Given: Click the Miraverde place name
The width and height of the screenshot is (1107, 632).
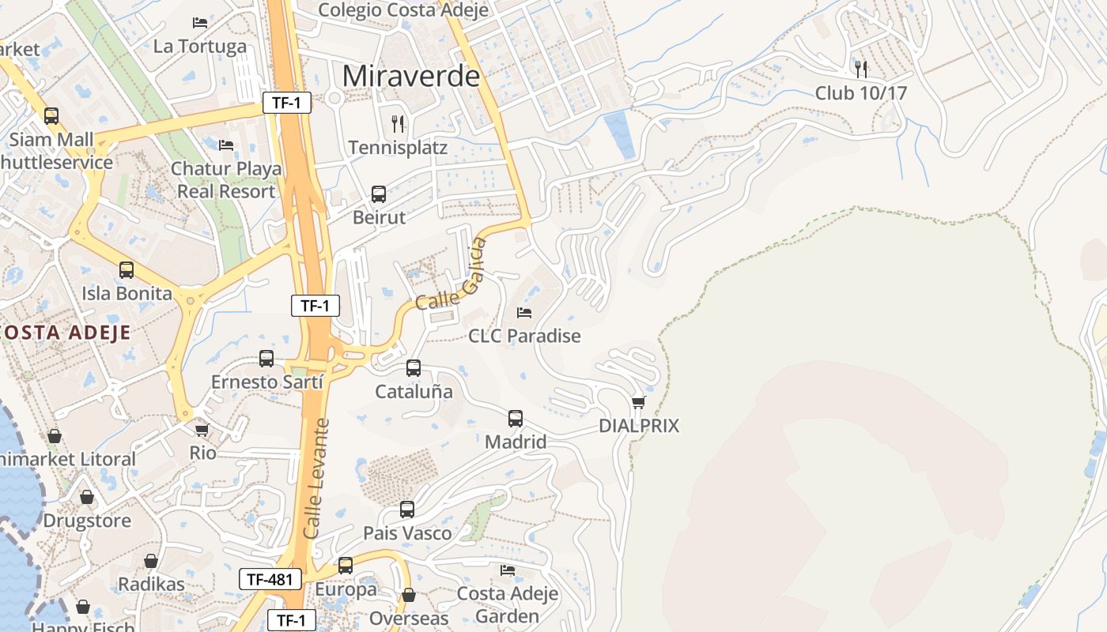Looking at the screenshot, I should (411, 76).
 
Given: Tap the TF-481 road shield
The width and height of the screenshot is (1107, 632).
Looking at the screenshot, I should (270, 579).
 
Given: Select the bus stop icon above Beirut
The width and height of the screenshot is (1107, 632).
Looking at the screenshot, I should (379, 194).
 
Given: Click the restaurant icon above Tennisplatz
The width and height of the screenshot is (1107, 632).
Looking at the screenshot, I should (399, 123).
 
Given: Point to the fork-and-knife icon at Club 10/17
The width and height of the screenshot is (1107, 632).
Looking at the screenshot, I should (861, 69).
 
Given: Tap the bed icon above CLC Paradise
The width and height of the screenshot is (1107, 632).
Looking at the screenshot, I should (524, 312).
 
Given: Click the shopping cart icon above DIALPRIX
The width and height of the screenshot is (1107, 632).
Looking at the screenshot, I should (639, 402).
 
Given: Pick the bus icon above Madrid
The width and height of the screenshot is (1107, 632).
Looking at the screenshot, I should (516, 418).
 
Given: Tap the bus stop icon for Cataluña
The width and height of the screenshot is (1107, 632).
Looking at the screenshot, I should (414, 367).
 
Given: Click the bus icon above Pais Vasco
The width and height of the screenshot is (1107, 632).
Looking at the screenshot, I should (407, 510).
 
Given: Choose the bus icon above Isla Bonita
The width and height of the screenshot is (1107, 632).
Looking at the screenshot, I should (127, 270).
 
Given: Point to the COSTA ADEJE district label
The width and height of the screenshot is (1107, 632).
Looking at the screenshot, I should (65, 332).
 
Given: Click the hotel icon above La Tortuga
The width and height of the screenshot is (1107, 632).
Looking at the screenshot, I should (200, 23).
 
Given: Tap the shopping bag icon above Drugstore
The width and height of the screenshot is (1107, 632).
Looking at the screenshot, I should (87, 497).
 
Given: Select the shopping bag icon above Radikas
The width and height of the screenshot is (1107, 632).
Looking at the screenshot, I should (151, 561).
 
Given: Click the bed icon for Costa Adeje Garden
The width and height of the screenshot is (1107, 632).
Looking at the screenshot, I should (508, 570).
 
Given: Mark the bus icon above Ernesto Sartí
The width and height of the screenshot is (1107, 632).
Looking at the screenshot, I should (266, 359).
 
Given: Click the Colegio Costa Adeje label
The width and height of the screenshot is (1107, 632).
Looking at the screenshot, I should (402, 10).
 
